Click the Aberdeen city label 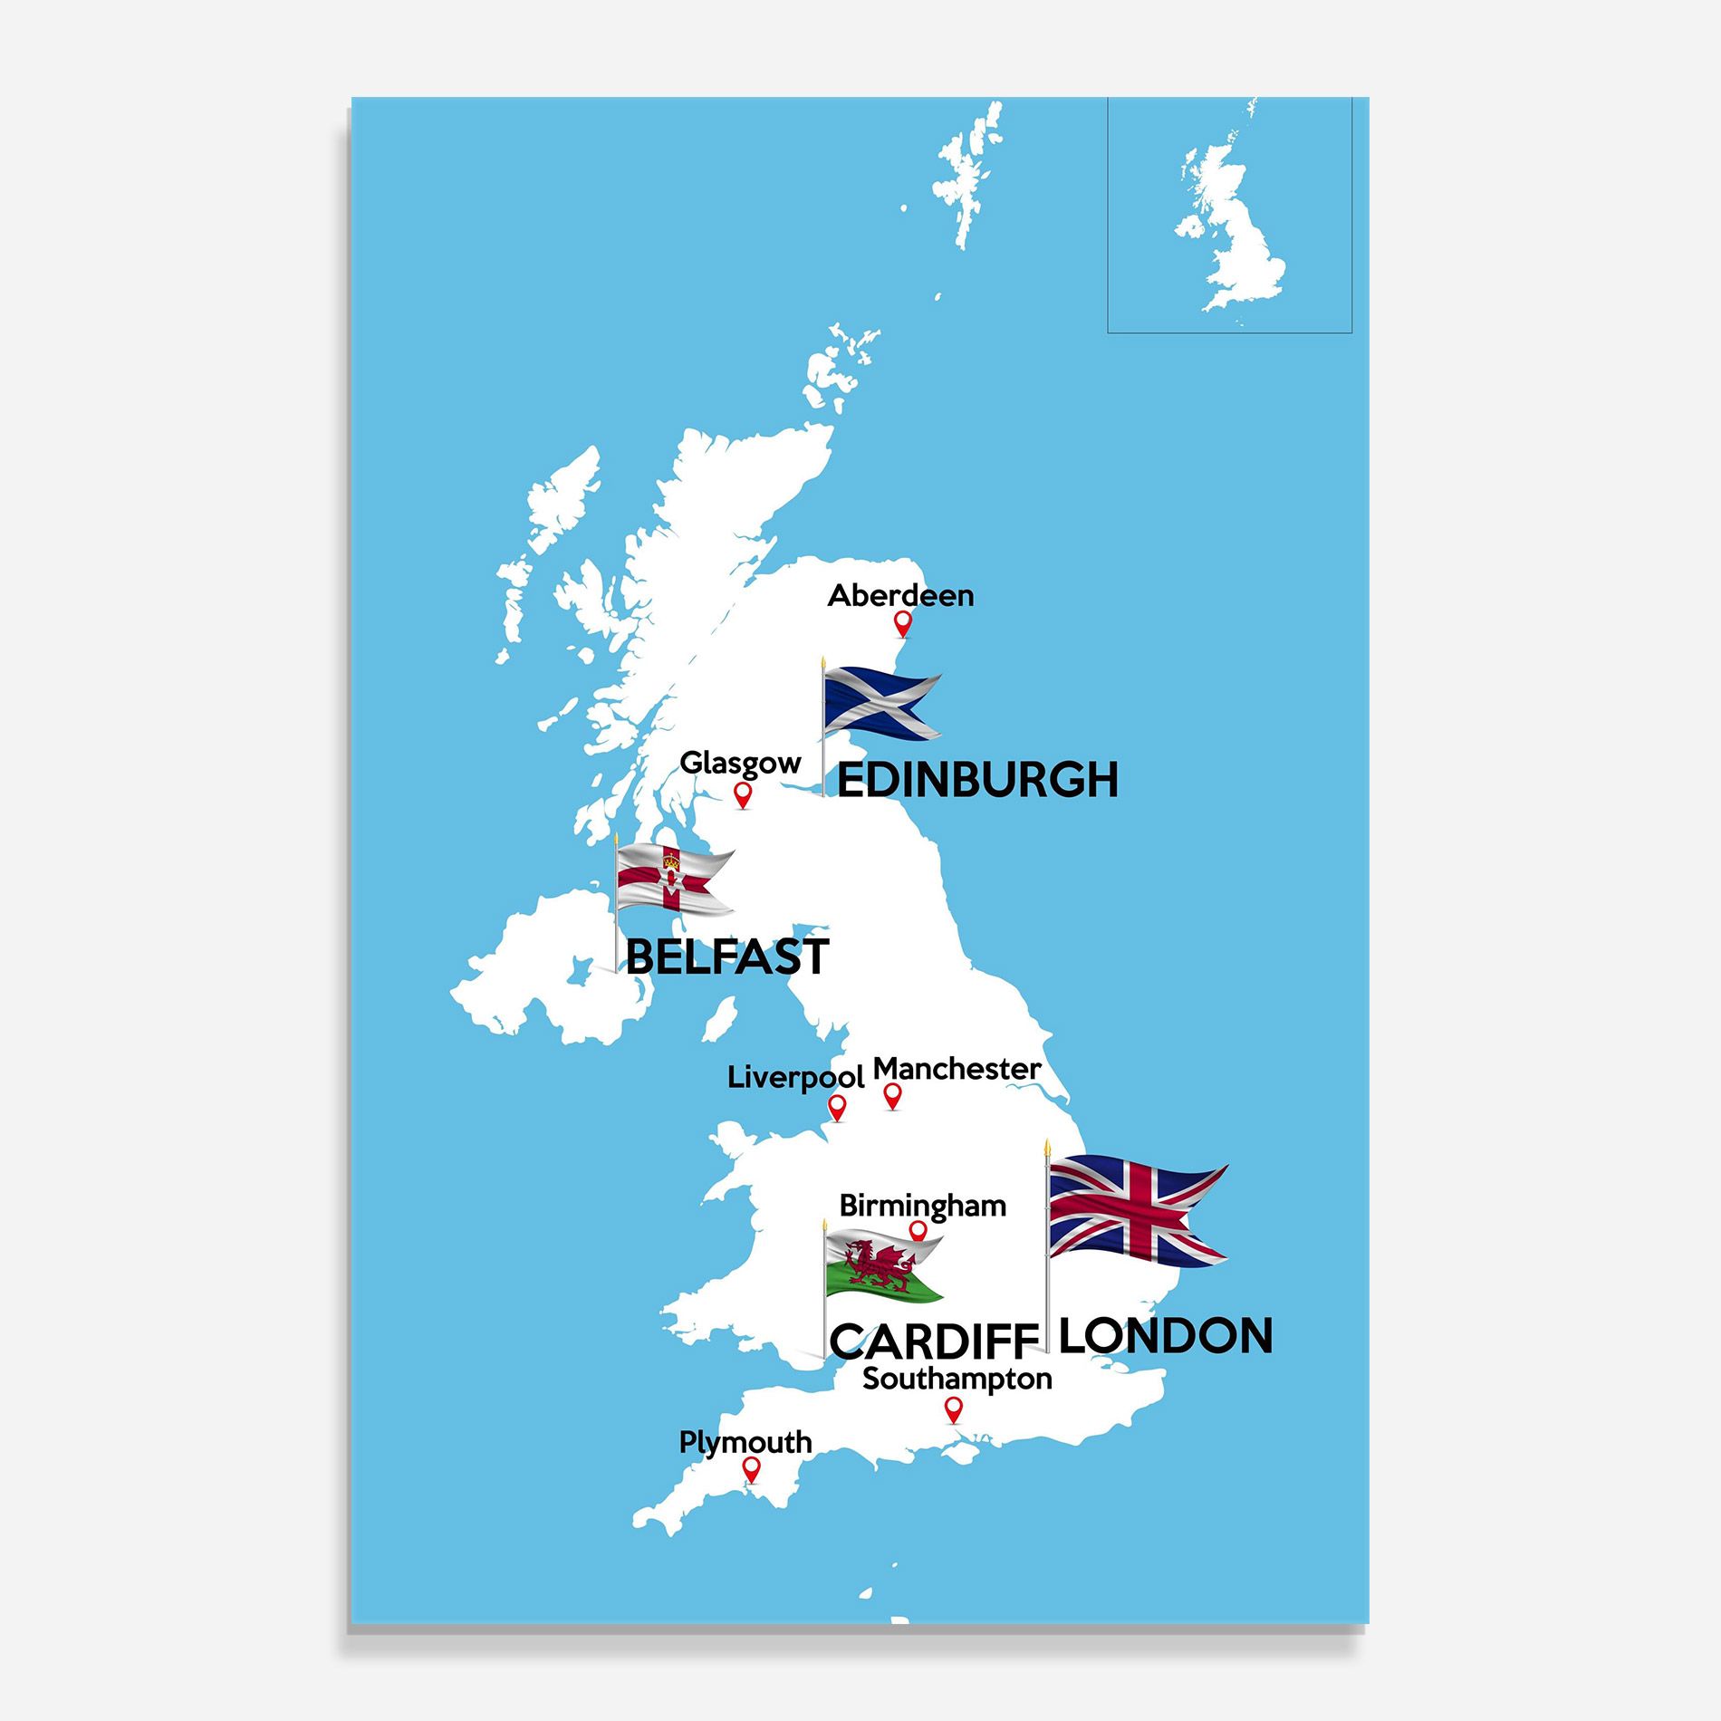[900, 595]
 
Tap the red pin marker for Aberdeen [902, 622]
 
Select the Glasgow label [740, 763]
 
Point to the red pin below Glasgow [743, 794]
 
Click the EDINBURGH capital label [977, 780]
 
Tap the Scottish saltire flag [881, 703]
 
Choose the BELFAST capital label [726, 957]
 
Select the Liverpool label [795, 1078]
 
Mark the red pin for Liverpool [837, 1106]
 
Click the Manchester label [957, 1069]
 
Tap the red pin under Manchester [892, 1096]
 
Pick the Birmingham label [922, 1206]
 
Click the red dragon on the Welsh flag [875, 1265]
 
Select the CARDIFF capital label [933, 1341]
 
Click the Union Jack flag [1136, 1210]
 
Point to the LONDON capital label [1165, 1335]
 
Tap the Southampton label [957, 1379]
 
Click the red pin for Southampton [952, 1409]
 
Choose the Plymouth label [745, 1442]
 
